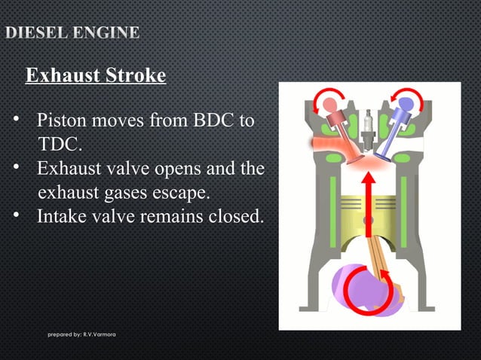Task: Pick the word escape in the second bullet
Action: (x=179, y=192)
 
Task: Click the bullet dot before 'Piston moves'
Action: (x=16, y=119)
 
